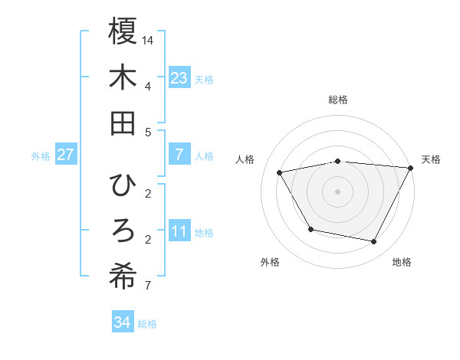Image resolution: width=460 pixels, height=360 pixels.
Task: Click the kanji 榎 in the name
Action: point(123,31)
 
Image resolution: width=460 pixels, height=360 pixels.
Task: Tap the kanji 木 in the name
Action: point(123,77)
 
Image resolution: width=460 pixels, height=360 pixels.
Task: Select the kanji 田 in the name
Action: point(123,123)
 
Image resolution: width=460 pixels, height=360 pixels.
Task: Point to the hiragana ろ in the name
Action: point(123,231)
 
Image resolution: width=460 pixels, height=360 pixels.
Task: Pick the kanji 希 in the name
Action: point(123,277)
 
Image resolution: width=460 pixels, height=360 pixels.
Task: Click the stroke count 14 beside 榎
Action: point(149,39)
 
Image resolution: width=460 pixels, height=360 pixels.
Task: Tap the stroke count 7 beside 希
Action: point(148,286)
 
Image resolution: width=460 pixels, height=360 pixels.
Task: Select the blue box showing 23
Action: point(179,78)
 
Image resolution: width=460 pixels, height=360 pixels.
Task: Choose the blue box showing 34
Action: point(122,322)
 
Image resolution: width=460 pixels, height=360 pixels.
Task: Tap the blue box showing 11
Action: point(179,231)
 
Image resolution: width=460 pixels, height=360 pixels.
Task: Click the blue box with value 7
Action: point(179,155)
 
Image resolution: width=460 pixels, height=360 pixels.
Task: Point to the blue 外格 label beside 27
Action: point(41,156)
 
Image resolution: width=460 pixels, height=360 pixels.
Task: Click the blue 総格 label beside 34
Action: point(147,324)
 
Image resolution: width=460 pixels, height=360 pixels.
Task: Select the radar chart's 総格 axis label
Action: point(337,100)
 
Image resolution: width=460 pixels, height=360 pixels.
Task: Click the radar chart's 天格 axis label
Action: point(432,159)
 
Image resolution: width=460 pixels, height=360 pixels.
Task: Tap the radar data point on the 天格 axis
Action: point(411,168)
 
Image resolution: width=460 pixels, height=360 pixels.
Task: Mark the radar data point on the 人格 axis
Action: point(280,173)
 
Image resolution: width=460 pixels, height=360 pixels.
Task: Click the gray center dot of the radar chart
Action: point(337,191)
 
